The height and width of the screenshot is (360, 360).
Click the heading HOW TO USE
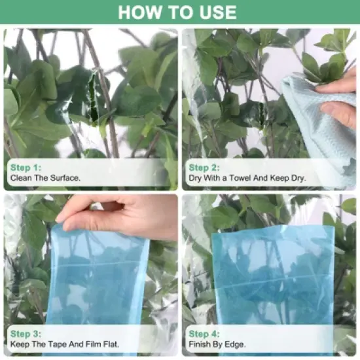tap(177, 12)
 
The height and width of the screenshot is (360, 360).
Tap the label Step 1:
tap(26, 168)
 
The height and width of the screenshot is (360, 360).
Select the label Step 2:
tap(204, 168)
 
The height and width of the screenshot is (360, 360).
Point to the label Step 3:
tap(26, 334)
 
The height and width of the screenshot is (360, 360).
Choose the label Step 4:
tap(204, 334)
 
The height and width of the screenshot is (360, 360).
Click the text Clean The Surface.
tap(45, 178)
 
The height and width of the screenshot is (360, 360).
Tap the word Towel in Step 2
tap(240, 178)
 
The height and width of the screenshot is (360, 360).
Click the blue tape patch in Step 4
tap(273, 276)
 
